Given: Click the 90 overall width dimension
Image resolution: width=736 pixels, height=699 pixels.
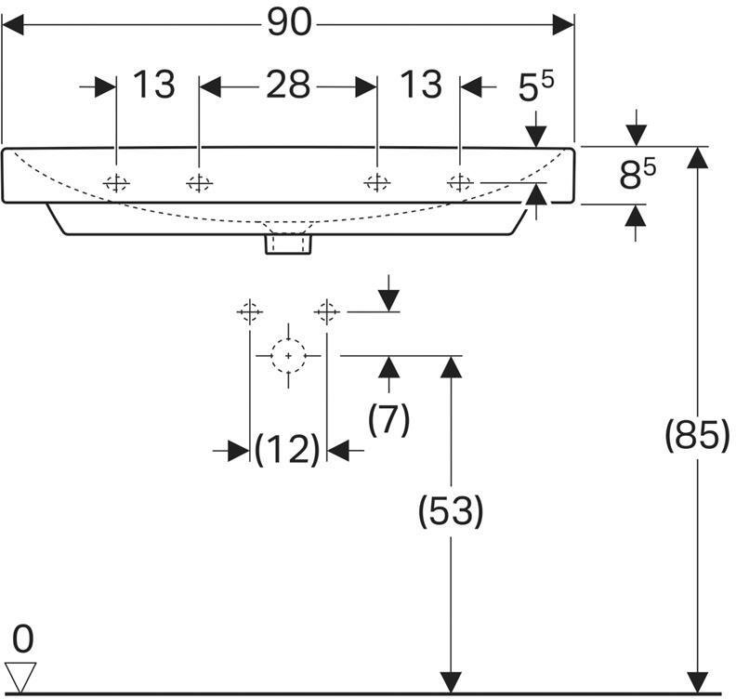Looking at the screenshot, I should pyautogui.click(x=289, y=23).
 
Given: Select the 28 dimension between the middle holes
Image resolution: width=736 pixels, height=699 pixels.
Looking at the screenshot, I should pyautogui.click(x=287, y=86).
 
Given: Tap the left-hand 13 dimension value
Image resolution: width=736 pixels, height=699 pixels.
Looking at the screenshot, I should pyautogui.click(x=153, y=86).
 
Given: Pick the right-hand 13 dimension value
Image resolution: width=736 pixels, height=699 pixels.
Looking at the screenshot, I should pyautogui.click(x=420, y=86).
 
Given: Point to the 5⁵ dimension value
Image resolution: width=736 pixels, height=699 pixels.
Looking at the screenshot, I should pyautogui.click(x=536, y=88).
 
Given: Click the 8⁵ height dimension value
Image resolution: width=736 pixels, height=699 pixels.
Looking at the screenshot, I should pyautogui.click(x=637, y=175).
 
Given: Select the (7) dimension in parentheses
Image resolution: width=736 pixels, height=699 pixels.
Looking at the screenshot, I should pyautogui.click(x=388, y=420).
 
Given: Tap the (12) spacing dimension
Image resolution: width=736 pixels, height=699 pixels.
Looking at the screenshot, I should pyautogui.click(x=288, y=451).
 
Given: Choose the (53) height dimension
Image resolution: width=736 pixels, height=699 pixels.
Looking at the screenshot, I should pyautogui.click(x=451, y=510).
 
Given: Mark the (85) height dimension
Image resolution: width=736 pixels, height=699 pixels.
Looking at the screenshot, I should pyautogui.click(x=697, y=435).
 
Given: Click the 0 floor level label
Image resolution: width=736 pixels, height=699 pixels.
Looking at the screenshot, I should pyautogui.click(x=23, y=640).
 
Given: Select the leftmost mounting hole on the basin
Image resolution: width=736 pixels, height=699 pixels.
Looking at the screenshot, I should pyautogui.click(x=116, y=183).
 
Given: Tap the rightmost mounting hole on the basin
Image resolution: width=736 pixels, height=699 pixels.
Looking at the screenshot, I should pyautogui.click(x=460, y=183).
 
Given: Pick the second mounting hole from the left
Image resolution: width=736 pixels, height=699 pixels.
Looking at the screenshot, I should pyautogui.click(x=199, y=183).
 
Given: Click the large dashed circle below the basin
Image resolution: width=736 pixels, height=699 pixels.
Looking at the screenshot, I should pyautogui.click(x=289, y=356).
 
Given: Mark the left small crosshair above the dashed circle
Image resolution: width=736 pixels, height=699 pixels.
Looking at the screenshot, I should pyautogui.click(x=250, y=311).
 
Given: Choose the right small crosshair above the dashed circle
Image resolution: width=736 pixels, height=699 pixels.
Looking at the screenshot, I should pyautogui.click(x=326, y=311).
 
